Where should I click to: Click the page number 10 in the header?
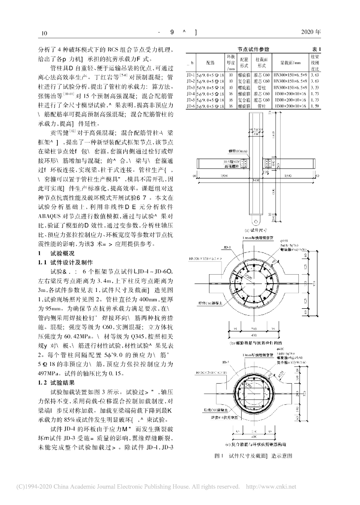44,34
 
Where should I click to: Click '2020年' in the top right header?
311,33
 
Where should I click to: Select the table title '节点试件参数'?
253,49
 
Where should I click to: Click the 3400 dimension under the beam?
255,181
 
